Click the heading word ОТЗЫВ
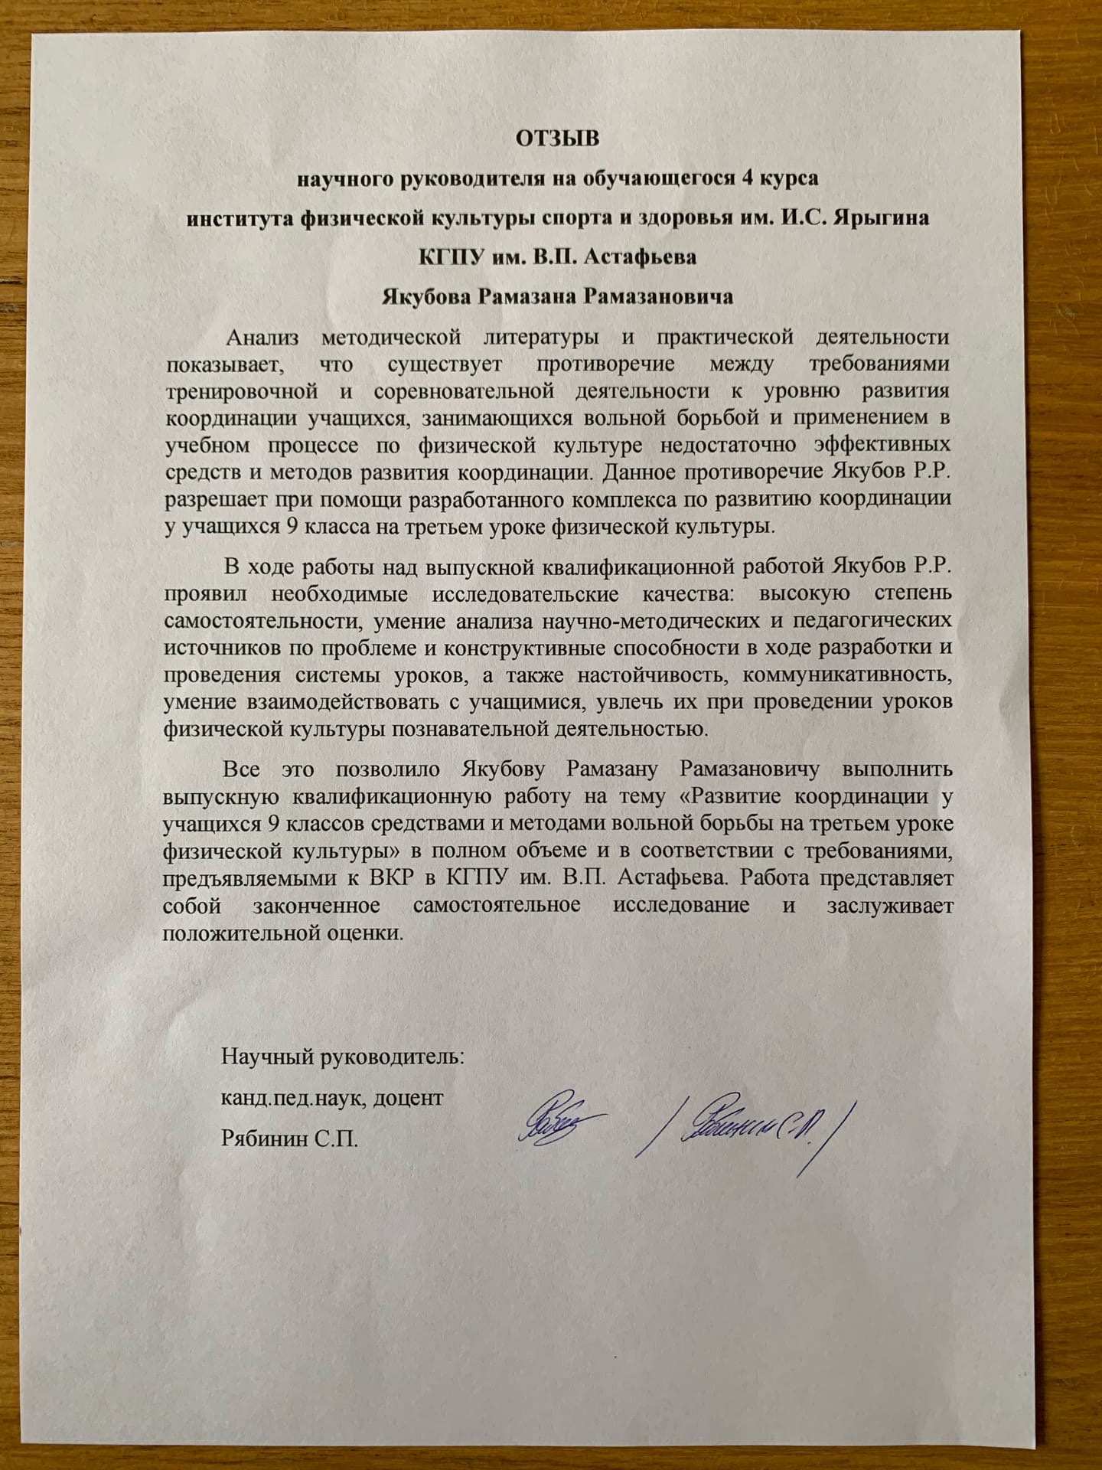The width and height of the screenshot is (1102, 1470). coord(557,139)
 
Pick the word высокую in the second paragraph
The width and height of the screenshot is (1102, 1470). coord(800,593)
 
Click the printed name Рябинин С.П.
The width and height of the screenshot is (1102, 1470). coord(289,1140)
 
